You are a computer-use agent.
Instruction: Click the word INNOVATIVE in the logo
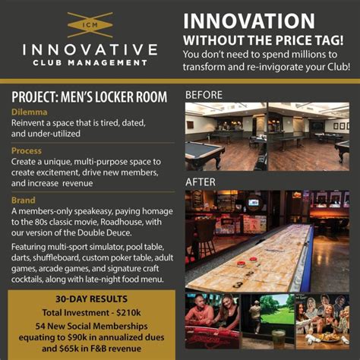[x=90, y=51]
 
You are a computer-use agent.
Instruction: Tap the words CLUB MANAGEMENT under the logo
[x=90, y=63]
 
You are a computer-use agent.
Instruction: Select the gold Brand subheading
[x=25, y=201]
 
